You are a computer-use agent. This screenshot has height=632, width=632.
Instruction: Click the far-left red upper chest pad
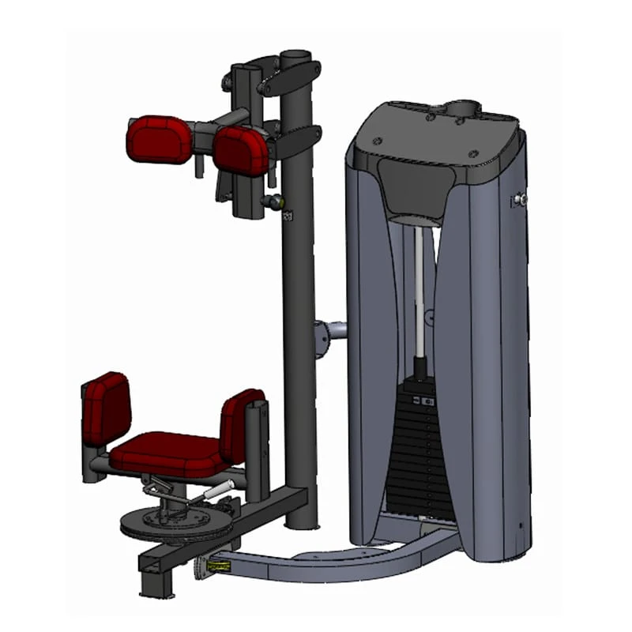(x=157, y=139)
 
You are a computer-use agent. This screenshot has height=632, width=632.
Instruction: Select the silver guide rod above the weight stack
(x=420, y=292)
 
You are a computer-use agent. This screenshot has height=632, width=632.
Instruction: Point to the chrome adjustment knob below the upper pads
(x=274, y=202)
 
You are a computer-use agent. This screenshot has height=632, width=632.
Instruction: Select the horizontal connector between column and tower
(x=332, y=330)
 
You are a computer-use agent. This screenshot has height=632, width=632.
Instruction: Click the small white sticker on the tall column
(x=287, y=214)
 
